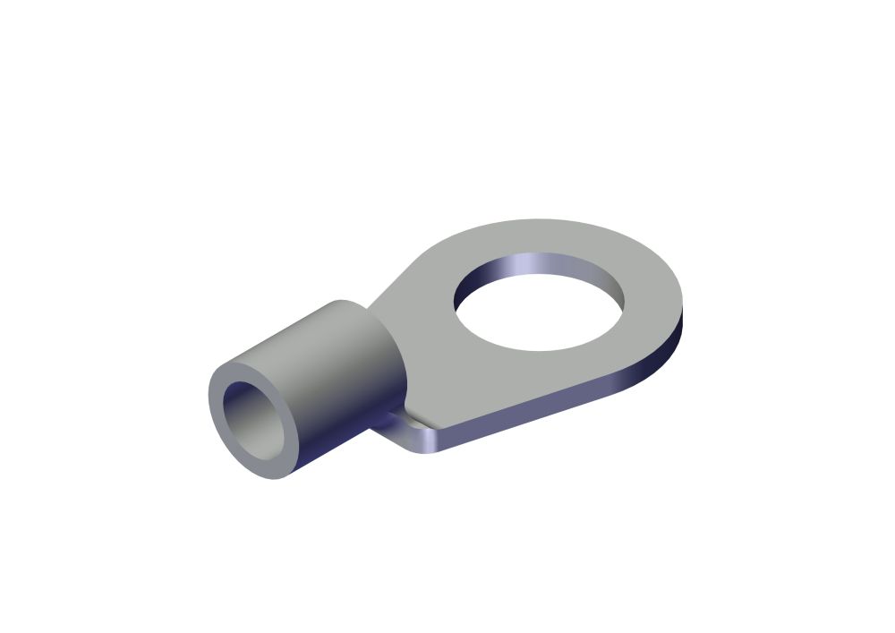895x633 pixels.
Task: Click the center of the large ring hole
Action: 532,313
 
